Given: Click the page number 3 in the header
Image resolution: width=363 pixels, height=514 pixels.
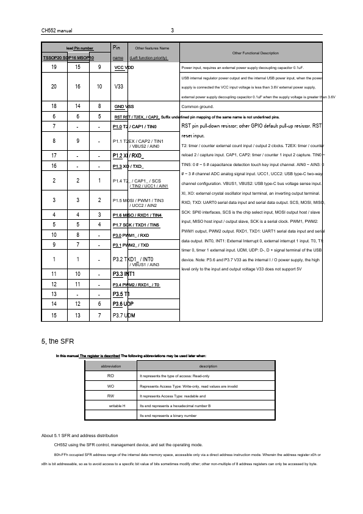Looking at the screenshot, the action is pos(173,31).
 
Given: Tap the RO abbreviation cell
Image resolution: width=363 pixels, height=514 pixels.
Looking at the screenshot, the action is pos(110,377).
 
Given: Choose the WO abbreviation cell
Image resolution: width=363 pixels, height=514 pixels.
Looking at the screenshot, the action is pos(110,386).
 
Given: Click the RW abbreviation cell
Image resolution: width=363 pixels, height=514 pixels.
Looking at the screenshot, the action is pos(110,396).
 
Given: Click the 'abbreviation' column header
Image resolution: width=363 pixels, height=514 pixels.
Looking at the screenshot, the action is pos(110,366).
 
